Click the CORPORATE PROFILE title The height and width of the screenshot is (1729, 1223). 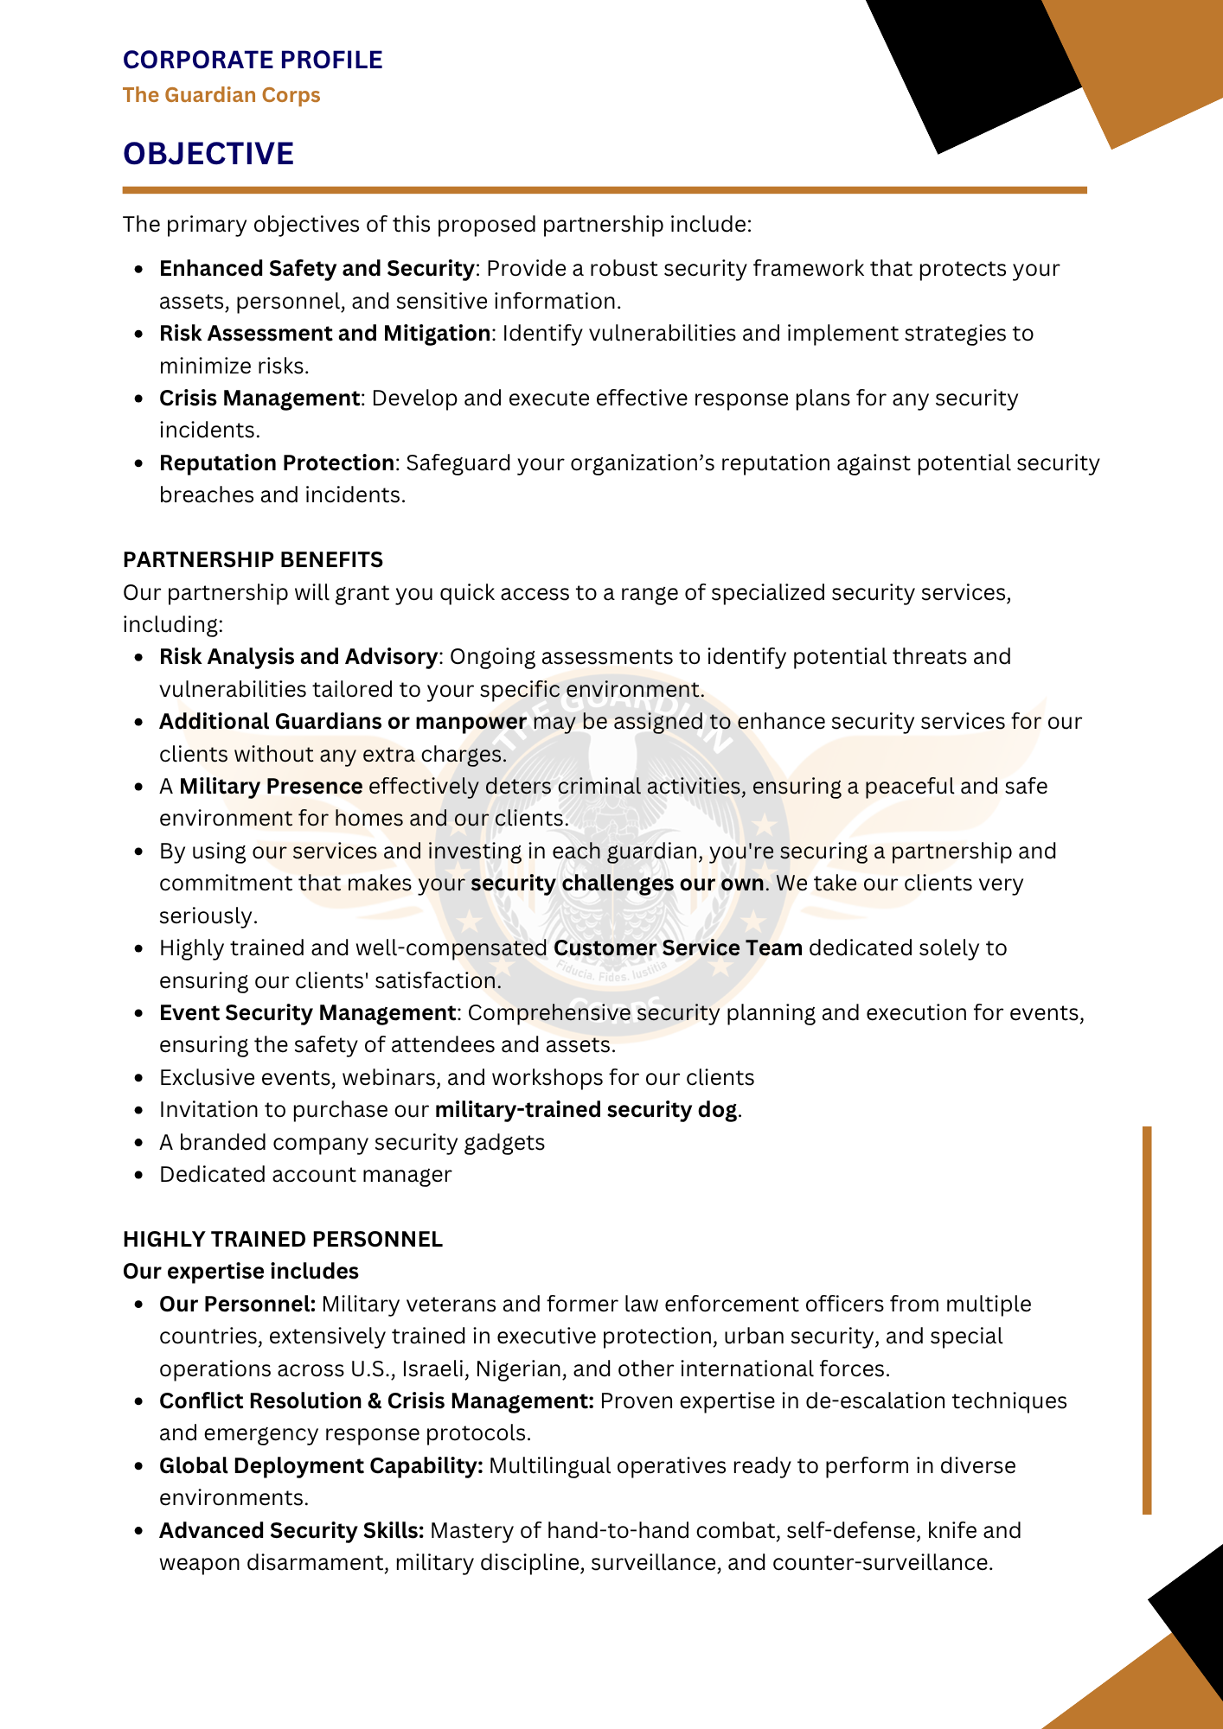pos(253,60)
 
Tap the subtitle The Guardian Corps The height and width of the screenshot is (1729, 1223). pos(221,95)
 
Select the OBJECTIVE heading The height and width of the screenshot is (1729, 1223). pos(208,154)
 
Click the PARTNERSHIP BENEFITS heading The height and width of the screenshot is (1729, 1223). pos(253,559)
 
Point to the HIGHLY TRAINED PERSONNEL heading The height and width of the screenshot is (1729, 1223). pos(283,1239)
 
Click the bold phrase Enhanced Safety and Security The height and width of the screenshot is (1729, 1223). pos(317,269)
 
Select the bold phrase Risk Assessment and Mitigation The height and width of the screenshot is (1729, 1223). pos(324,334)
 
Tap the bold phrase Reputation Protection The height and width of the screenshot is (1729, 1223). pos(277,463)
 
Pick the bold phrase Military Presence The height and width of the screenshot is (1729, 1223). pos(271,787)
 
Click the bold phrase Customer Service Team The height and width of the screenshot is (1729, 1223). pos(678,948)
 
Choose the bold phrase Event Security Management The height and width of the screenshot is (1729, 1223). pos(307,1013)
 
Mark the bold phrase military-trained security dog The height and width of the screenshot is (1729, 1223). pos(586,1110)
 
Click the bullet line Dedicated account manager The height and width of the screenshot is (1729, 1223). pos(305,1175)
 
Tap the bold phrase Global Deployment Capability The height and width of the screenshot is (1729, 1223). pos(321,1466)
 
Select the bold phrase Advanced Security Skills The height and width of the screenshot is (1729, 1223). pos(291,1531)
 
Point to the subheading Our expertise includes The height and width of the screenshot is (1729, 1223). pos(240,1272)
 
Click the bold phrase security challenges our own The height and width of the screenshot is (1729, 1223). pos(617,884)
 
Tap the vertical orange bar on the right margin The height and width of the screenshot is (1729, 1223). pos(1147,1320)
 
